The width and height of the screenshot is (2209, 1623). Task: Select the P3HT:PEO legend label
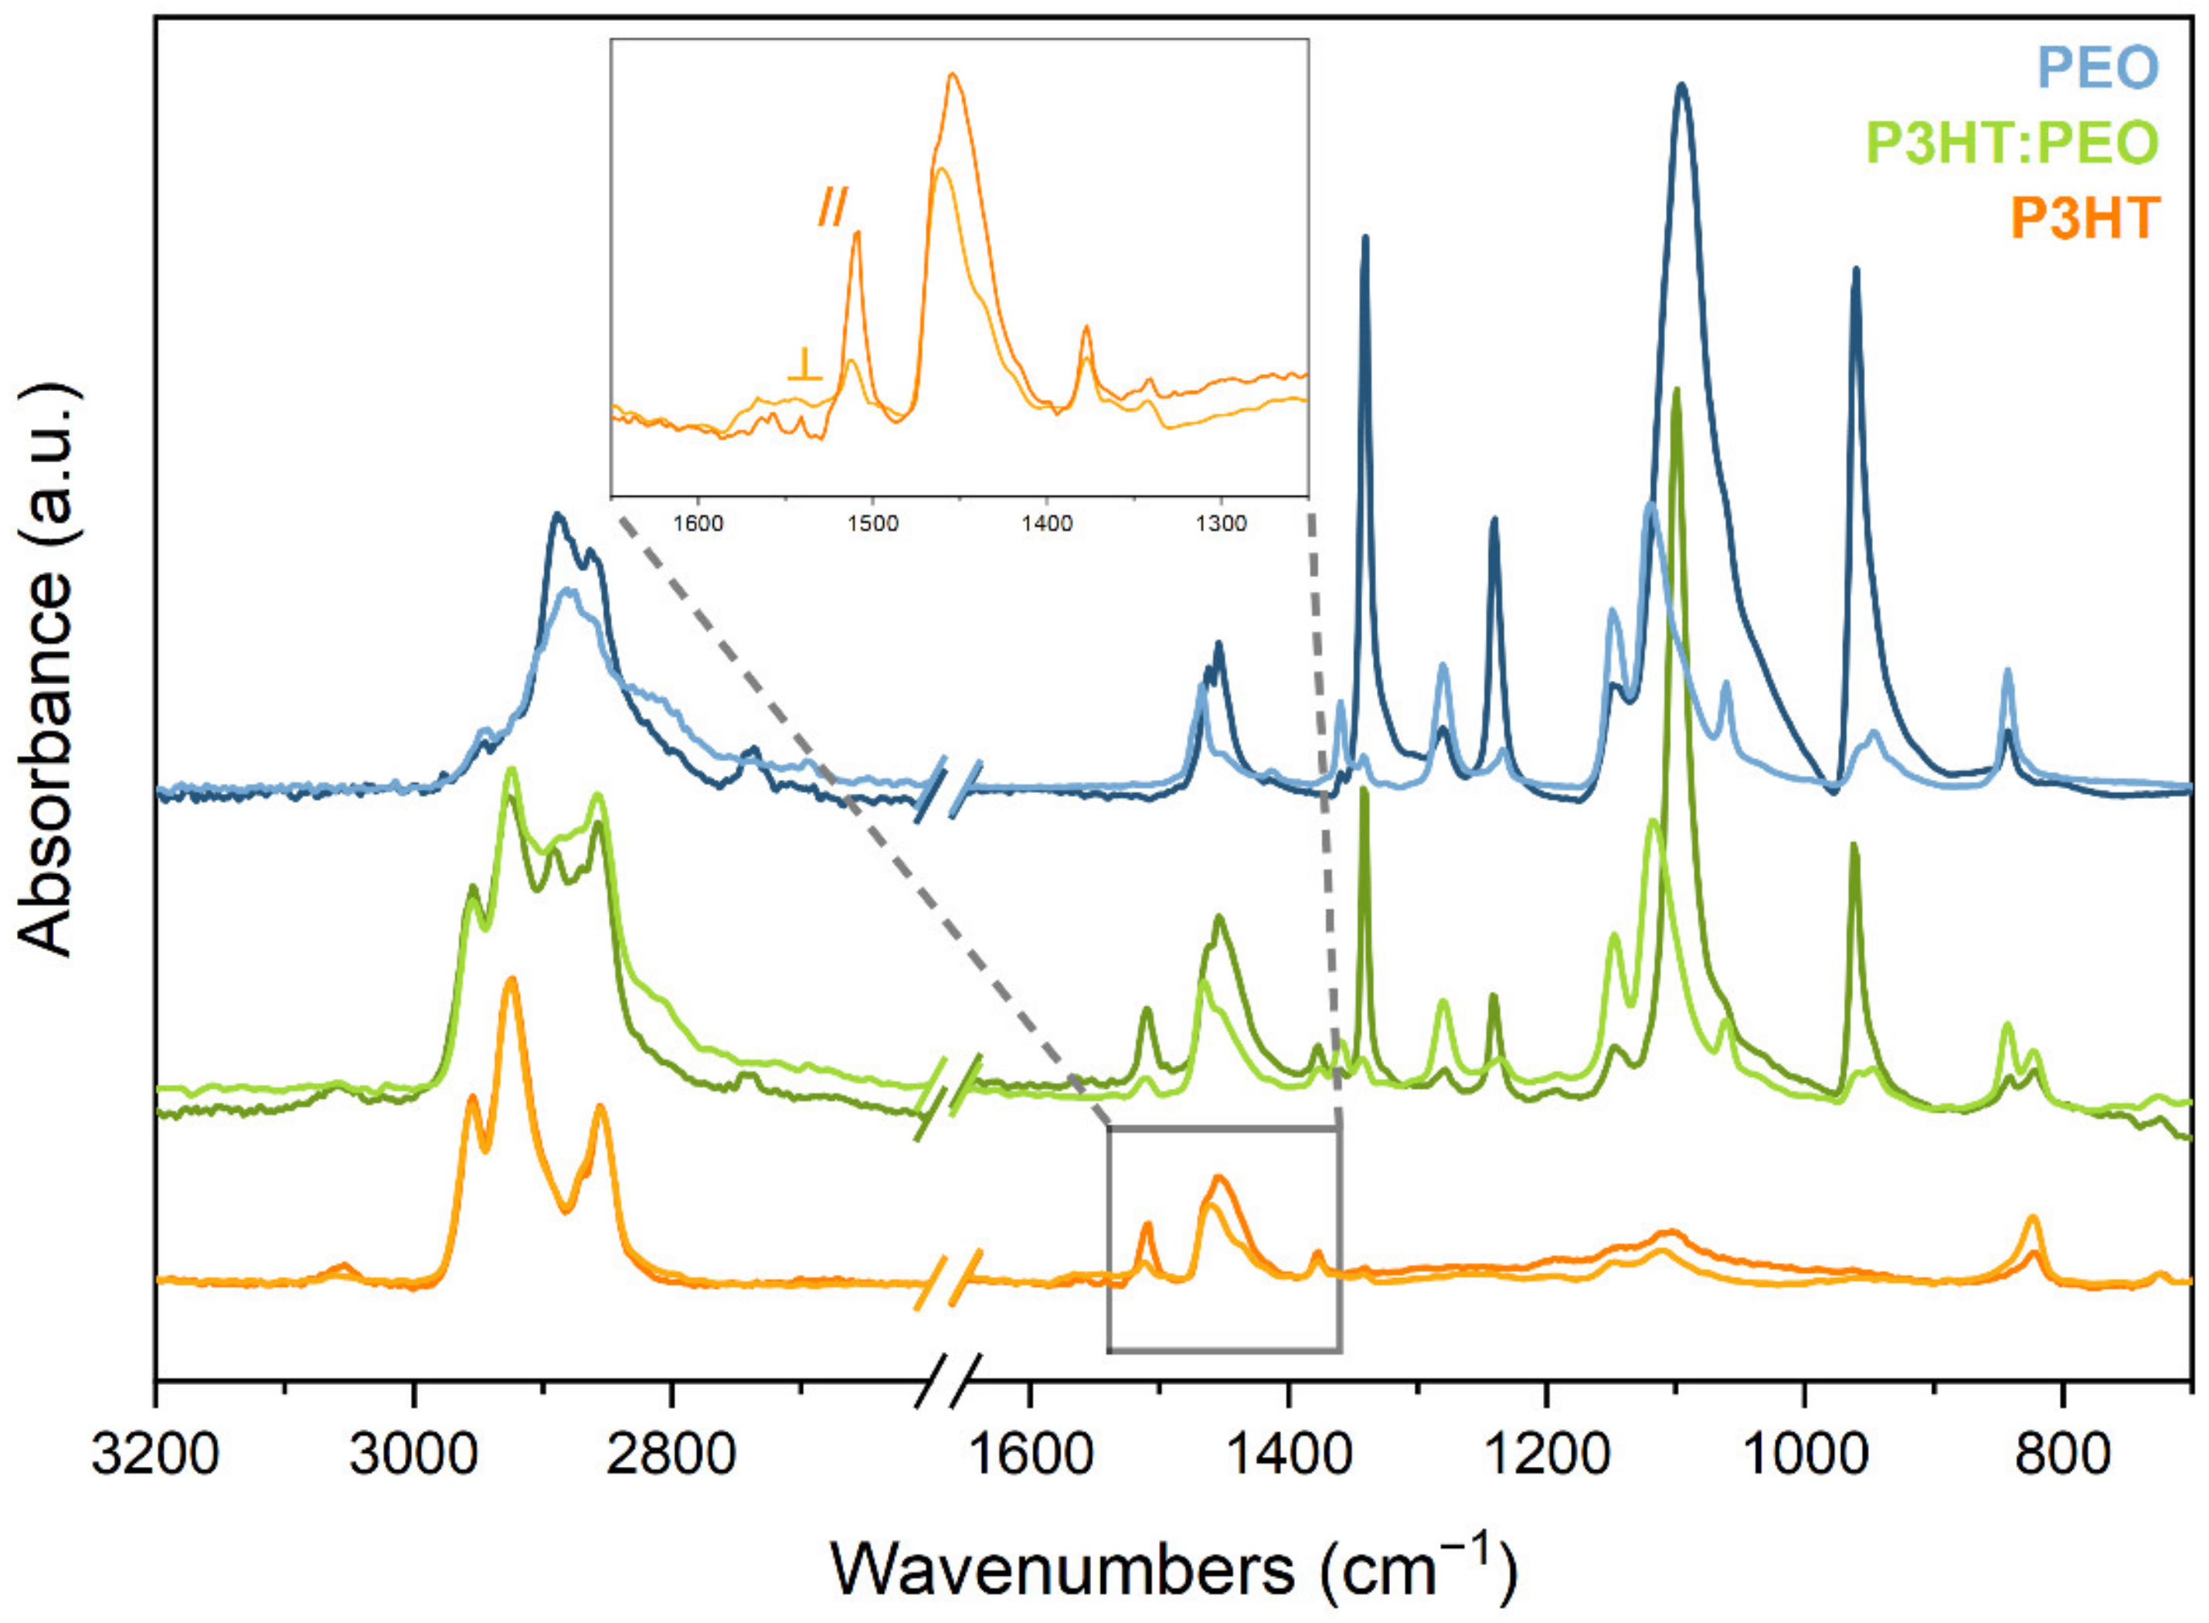(2011, 144)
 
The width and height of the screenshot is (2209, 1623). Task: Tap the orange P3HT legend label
(2085, 218)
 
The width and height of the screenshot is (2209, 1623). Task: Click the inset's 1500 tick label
(872, 524)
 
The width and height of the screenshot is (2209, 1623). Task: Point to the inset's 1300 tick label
(1221, 524)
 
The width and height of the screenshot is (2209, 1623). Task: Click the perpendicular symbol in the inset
(804, 365)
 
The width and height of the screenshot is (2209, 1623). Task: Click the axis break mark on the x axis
(949, 1380)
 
